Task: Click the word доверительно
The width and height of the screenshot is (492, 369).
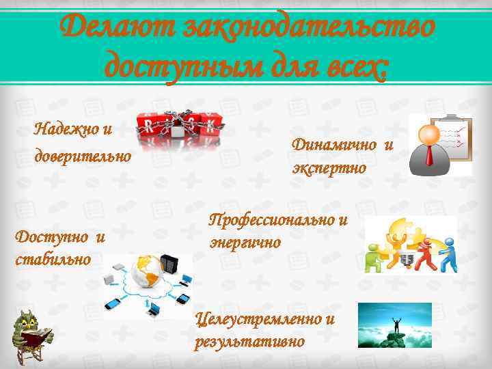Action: pos(83,156)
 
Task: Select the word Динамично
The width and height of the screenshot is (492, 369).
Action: pos(335,145)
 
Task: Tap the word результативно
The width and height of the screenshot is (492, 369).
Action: pos(249,342)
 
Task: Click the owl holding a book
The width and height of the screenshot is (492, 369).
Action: pos(33,335)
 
